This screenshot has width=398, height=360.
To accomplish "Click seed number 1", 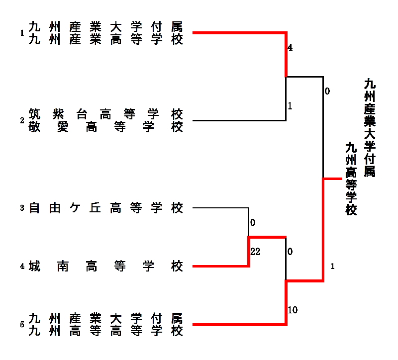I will (22, 33).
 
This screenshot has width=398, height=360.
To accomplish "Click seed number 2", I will (22, 121).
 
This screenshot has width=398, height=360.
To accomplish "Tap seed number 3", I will (22, 208).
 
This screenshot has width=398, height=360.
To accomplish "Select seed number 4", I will (22, 267).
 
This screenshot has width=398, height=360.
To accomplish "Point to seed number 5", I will (22, 325).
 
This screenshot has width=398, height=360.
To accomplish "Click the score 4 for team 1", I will (290, 48).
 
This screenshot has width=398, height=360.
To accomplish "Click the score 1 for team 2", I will (290, 106).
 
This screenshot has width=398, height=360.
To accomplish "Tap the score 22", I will (255, 252).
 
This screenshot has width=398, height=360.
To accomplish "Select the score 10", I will (293, 310).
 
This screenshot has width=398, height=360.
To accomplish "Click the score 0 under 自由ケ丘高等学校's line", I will (253, 222).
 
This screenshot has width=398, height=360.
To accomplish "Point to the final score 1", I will (332, 267).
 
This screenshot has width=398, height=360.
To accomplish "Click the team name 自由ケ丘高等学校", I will (106, 208).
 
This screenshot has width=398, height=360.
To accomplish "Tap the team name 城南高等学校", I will (106, 267).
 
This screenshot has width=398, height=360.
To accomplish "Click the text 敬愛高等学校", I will (106, 127).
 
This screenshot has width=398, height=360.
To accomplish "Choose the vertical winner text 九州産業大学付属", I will (369, 127).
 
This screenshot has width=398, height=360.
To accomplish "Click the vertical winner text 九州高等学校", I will (352, 179).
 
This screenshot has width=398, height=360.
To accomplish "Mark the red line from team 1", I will (239, 33).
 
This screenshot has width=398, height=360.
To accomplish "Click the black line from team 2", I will (239, 120).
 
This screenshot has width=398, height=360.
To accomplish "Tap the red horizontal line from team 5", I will (239, 325).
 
